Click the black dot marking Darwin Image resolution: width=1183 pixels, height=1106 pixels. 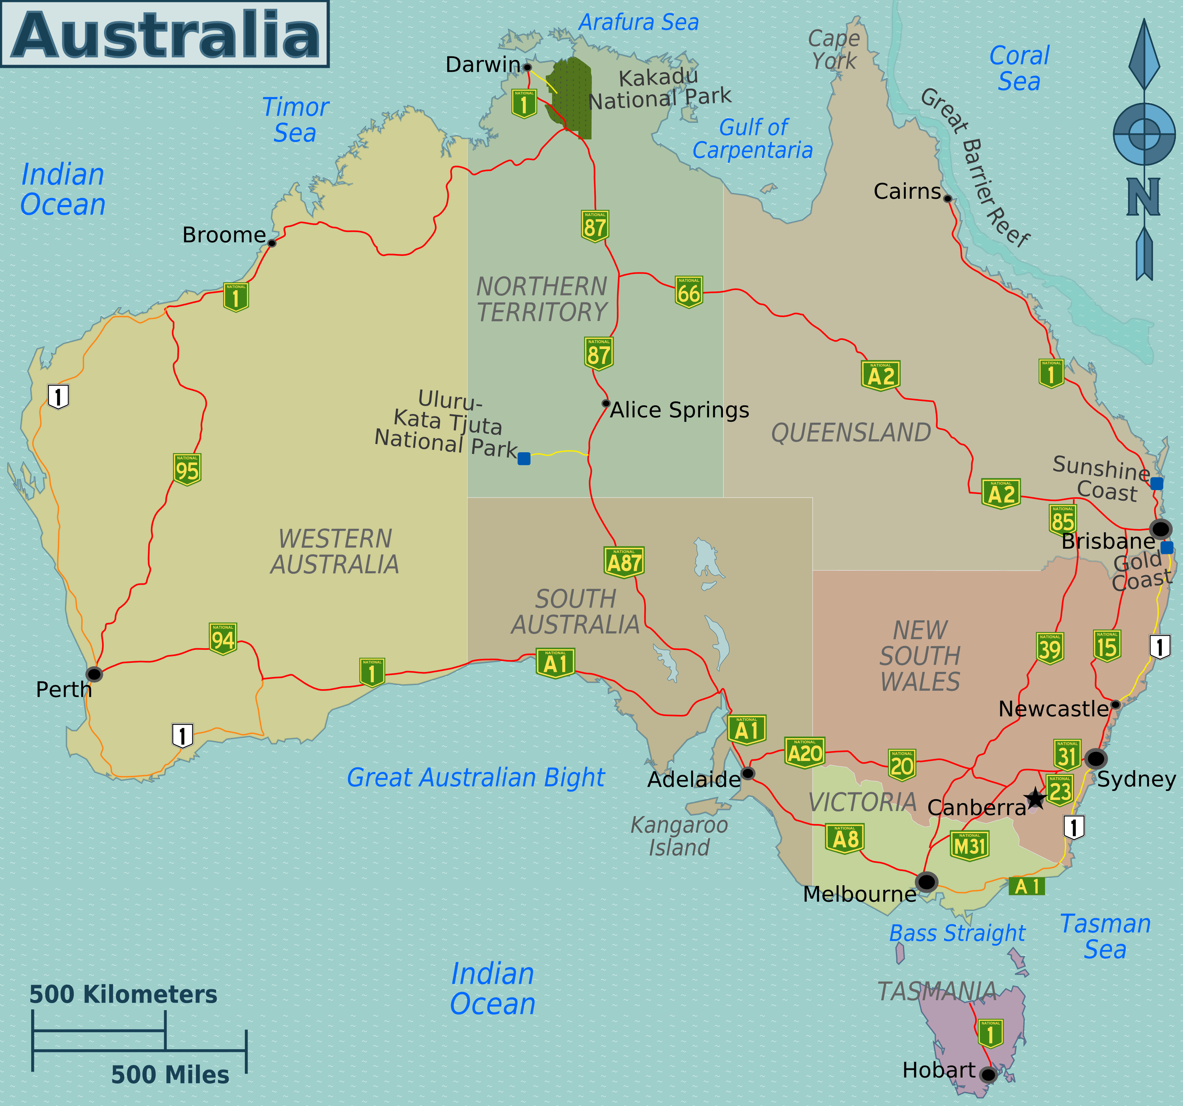coord(527,67)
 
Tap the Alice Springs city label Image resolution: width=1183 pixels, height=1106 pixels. coord(679,410)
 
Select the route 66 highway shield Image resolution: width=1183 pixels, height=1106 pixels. coord(689,292)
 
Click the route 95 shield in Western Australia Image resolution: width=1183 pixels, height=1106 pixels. coord(187,470)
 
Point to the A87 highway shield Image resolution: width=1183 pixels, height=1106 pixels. coord(623,561)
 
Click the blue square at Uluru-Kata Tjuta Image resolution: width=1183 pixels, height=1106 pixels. coord(524,458)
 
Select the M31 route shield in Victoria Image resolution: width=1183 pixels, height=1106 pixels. coord(969,845)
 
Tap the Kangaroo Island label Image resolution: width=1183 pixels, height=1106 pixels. coord(679,836)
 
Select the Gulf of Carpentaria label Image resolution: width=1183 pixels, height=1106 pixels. coord(753,139)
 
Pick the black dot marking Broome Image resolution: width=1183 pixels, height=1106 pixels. coord(272,243)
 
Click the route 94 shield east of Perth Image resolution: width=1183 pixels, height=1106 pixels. coord(223,639)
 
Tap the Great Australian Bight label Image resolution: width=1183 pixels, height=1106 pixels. coord(476,778)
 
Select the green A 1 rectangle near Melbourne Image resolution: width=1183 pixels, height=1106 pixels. coord(1026,886)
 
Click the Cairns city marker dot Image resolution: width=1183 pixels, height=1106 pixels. coord(947,198)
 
